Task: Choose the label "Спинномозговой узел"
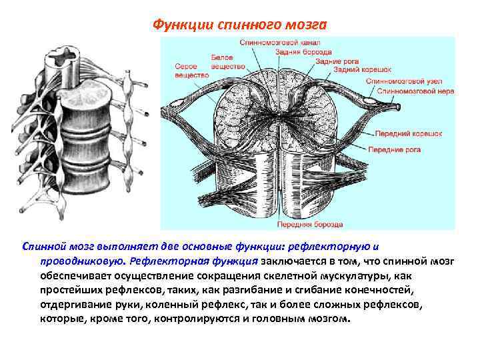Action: [x=403, y=81]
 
